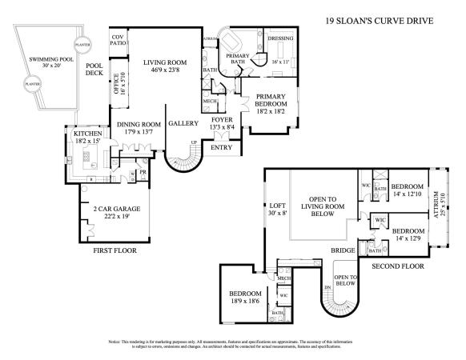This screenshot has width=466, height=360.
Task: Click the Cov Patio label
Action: (118, 41)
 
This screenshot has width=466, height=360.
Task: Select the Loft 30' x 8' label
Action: (275, 210)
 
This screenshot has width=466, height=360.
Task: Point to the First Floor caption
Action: (114, 250)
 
